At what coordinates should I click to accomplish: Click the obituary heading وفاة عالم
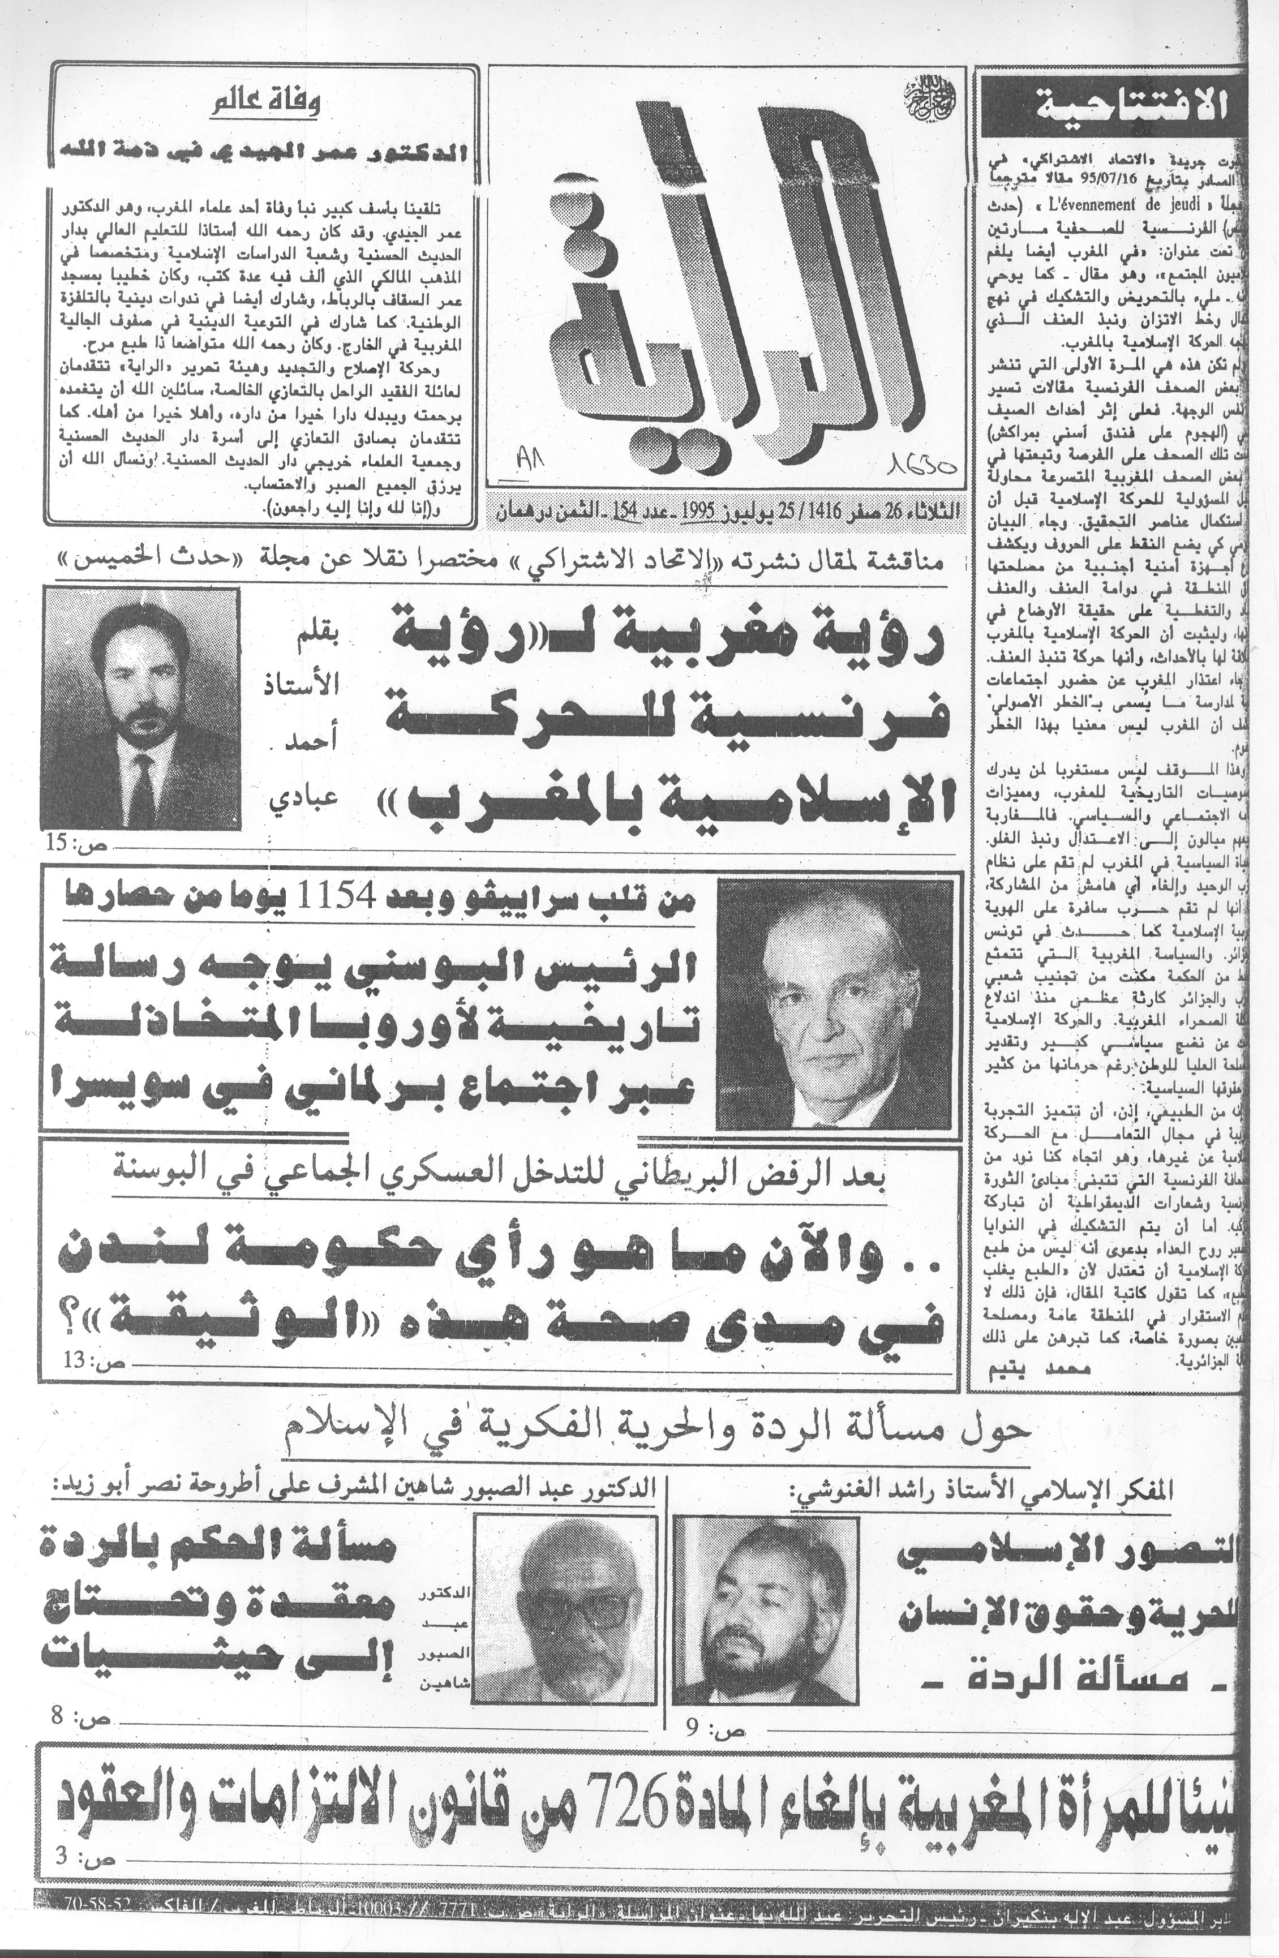(x=265, y=105)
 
